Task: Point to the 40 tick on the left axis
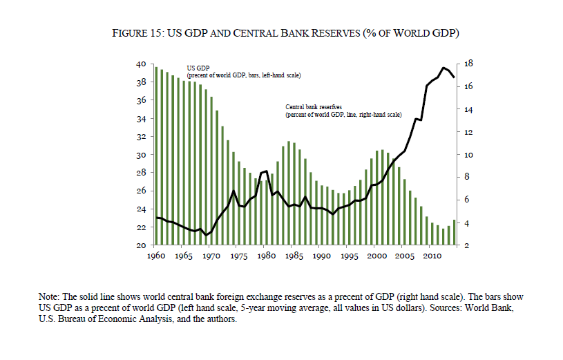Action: click(x=140, y=64)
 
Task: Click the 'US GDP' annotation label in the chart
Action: click(x=198, y=68)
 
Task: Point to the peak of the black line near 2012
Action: click(x=443, y=68)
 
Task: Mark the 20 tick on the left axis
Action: click(x=140, y=245)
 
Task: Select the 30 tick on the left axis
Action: click(x=140, y=155)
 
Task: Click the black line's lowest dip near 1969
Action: click(x=205, y=235)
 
